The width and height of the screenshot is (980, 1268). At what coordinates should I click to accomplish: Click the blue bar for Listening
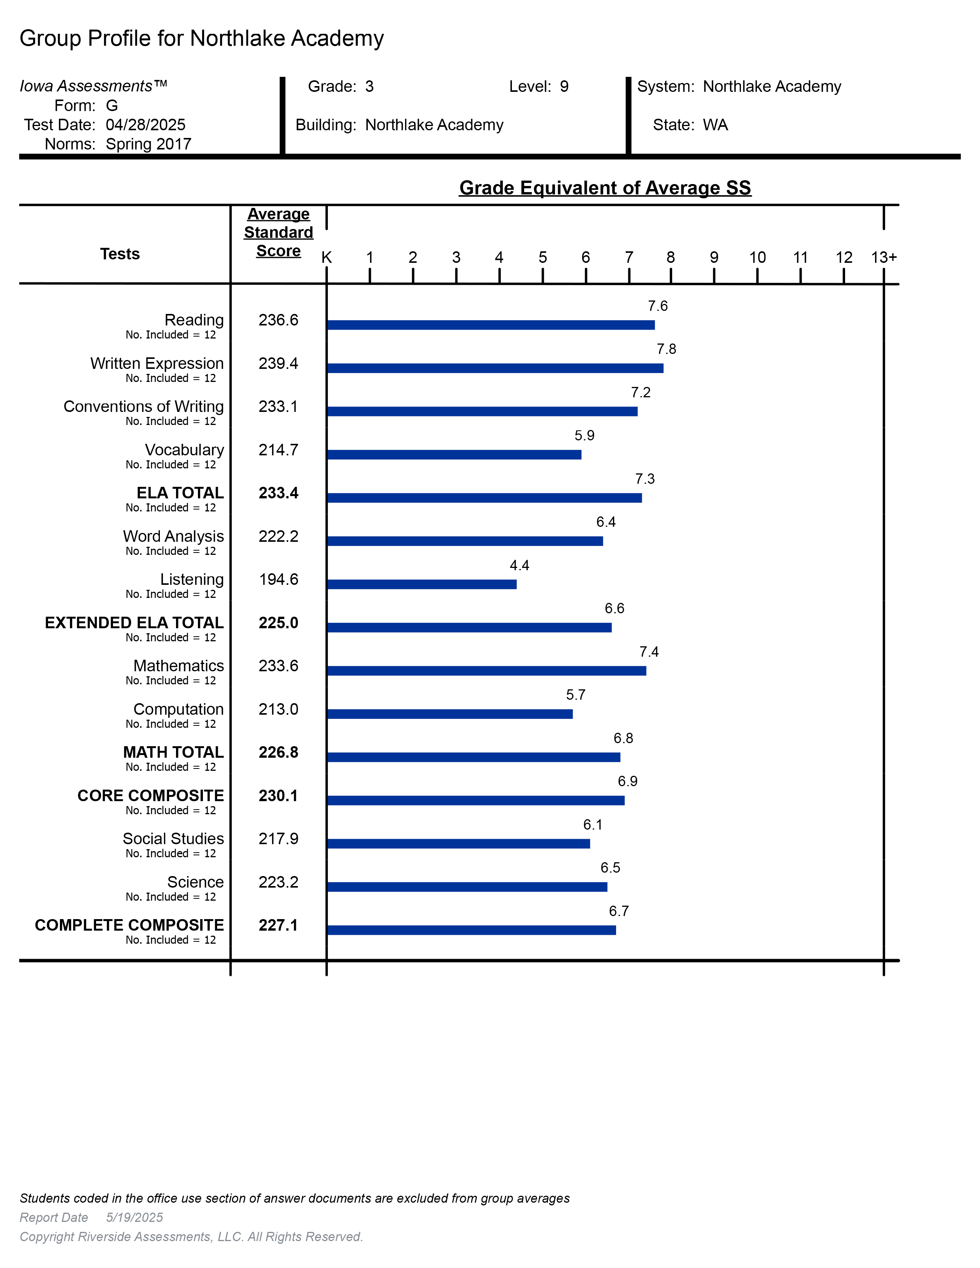(x=422, y=584)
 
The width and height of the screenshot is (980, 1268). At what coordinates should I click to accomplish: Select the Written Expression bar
(x=495, y=368)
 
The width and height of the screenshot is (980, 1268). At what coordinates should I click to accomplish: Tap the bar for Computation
(x=449, y=714)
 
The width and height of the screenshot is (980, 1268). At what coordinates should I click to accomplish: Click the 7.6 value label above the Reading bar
(x=658, y=306)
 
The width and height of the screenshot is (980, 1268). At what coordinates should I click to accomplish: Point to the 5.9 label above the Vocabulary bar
(x=584, y=435)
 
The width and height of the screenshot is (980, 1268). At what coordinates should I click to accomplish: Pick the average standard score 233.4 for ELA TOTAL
(x=278, y=493)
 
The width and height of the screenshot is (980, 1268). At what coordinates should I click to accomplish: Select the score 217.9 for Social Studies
(x=278, y=838)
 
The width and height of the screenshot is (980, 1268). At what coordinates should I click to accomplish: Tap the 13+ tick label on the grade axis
(x=884, y=257)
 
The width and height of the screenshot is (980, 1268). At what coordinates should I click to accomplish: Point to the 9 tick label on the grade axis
(x=714, y=257)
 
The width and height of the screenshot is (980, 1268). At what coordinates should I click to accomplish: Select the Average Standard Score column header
(x=278, y=232)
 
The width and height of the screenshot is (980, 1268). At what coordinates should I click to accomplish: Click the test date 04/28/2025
(x=145, y=125)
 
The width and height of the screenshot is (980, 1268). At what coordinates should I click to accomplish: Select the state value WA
(x=715, y=125)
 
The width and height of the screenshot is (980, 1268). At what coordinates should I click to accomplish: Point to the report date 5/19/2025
(x=135, y=1218)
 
